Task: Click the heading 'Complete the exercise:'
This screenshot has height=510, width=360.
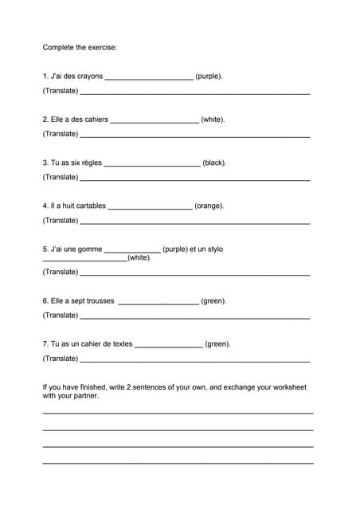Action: point(80,47)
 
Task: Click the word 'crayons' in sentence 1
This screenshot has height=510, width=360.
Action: point(89,76)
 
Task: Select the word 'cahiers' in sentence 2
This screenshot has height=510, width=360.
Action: point(95,120)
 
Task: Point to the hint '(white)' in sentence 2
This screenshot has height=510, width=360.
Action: point(213,120)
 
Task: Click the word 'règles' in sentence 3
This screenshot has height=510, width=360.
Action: point(91,163)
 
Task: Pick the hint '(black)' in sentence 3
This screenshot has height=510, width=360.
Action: point(215,163)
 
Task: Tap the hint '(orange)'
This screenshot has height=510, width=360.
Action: point(209,206)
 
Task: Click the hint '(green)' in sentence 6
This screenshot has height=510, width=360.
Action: point(213,301)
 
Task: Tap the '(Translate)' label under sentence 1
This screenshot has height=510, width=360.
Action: point(60,91)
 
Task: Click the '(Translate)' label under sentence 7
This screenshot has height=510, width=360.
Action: point(60,359)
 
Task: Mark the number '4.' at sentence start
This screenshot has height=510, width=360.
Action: point(45,206)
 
